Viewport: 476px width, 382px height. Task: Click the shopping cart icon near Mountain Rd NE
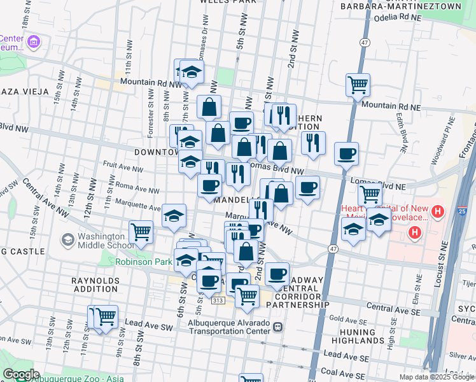pyautogui.click(x=358, y=85)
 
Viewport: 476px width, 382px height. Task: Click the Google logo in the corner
pyautogui.click(x=20, y=374)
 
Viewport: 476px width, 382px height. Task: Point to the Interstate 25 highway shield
pyautogui.click(x=462, y=211)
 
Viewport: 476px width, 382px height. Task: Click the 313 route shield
pyautogui.click(x=218, y=300)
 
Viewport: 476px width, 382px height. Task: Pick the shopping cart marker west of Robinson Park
pyautogui.click(x=141, y=232)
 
